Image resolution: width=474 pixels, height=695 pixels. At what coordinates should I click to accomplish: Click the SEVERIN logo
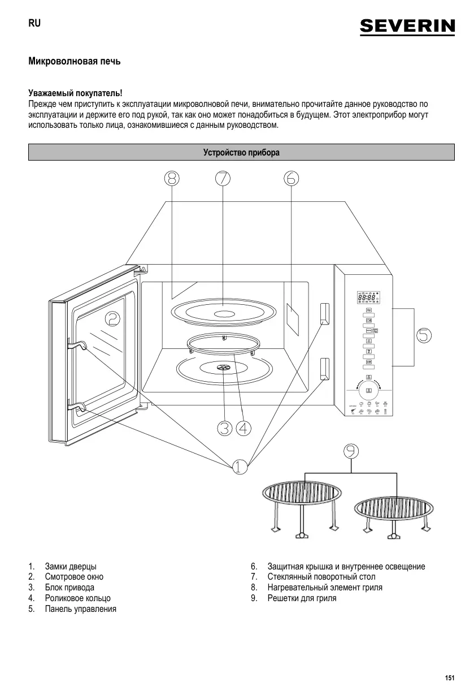pyautogui.click(x=407, y=27)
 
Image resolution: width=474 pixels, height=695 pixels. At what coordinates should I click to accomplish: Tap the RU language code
pyautogui.click(x=34, y=24)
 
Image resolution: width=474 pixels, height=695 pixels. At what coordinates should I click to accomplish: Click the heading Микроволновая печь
pyautogui.click(x=75, y=61)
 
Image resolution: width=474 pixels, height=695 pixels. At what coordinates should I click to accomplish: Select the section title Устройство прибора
pyautogui.click(x=241, y=152)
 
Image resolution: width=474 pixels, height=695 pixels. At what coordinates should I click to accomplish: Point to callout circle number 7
pyautogui.click(x=223, y=178)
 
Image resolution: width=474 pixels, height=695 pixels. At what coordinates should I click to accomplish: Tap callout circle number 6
pyautogui.click(x=291, y=178)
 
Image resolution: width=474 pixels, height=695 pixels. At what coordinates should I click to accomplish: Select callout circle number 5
pyautogui.click(x=424, y=335)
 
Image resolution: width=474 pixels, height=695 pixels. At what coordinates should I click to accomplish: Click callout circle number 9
pyautogui.click(x=351, y=451)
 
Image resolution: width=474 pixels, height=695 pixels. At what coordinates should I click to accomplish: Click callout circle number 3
pyautogui.click(x=225, y=429)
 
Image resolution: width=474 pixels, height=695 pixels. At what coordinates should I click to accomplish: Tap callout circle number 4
pyautogui.click(x=244, y=429)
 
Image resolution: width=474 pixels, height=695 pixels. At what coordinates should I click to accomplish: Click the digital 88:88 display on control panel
pyautogui.click(x=367, y=298)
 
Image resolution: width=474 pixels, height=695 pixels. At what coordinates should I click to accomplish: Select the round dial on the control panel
pyautogui.click(x=368, y=390)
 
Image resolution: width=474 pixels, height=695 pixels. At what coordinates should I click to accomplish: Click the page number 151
pyautogui.click(x=449, y=678)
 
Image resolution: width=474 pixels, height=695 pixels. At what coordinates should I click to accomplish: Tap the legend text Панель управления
pyautogui.click(x=81, y=608)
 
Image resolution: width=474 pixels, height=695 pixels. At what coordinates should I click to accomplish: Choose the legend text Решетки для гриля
pyautogui.click(x=302, y=598)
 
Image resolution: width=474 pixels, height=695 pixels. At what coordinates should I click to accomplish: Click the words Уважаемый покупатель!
pyautogui.click(x=75, y=92)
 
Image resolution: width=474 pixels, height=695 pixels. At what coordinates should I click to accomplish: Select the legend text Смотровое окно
pyautogui.click(x=74, y=577)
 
